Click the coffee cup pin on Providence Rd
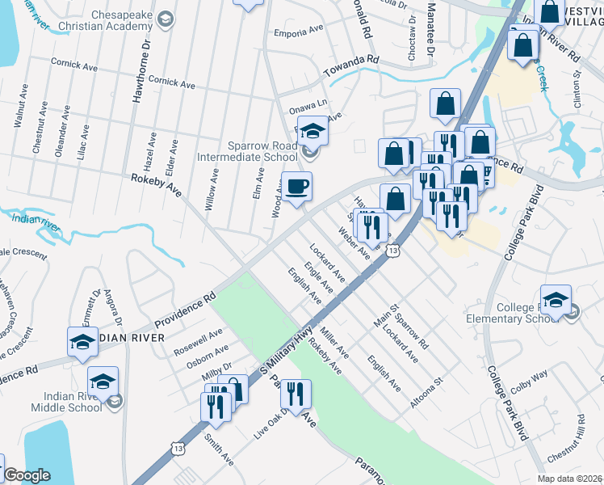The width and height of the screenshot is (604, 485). (x=296, y=188)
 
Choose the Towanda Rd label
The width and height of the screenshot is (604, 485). (x=351, y=63)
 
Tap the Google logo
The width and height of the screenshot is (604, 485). (x=27, y=475)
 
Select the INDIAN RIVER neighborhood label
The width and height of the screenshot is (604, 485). (x=129, y=337)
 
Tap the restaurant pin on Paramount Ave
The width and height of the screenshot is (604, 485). (x=296, y=394)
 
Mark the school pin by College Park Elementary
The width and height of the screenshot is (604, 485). (x=556, y=301)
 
